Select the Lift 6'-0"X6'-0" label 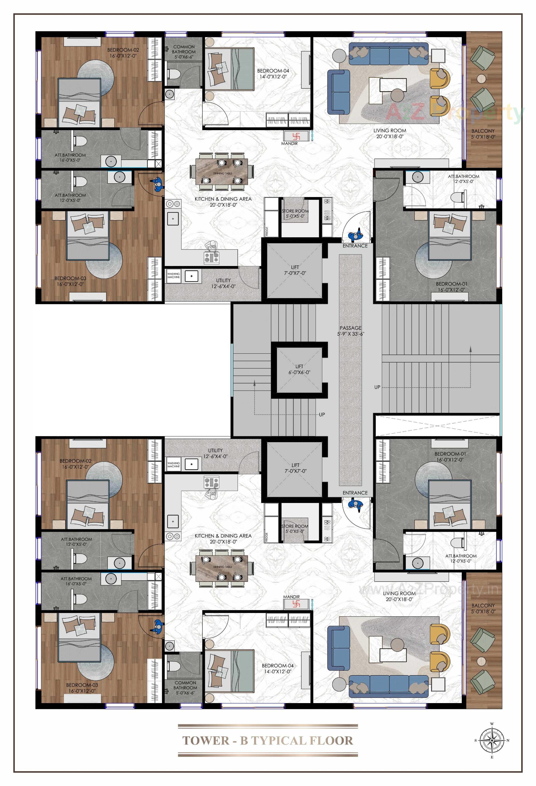click(299, 369)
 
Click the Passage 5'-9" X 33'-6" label click(351, 331)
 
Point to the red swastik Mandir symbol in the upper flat click(296, 136)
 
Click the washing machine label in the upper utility click(173, 275)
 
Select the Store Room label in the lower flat click(295, 529)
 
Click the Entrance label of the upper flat click(355, 246)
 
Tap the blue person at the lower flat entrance click(355, 505)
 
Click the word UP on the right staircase click(377, 387)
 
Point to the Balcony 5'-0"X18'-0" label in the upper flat click(483, 134)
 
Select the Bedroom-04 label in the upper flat click(273, 73)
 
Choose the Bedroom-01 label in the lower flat click(450, 457)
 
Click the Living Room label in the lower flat click(399, 596)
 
